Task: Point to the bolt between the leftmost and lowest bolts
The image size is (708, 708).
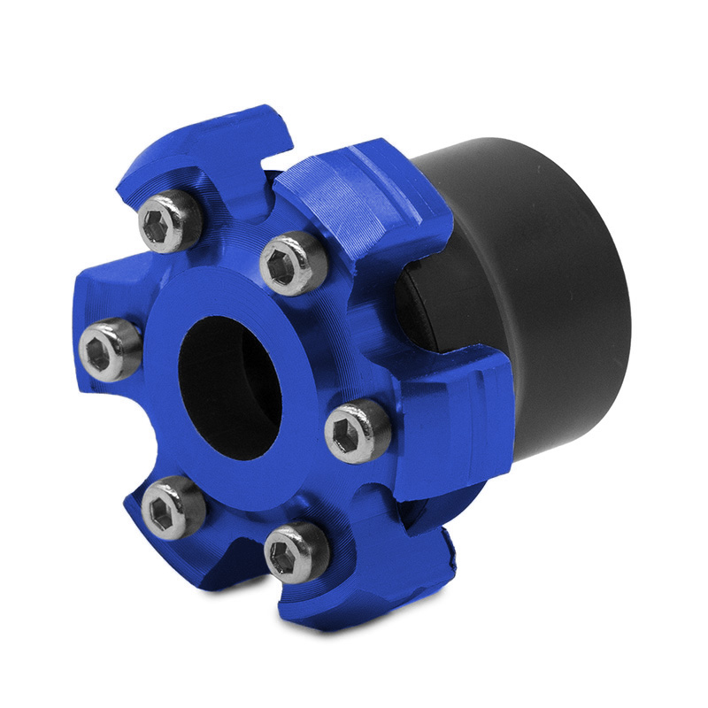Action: [173, 505]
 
